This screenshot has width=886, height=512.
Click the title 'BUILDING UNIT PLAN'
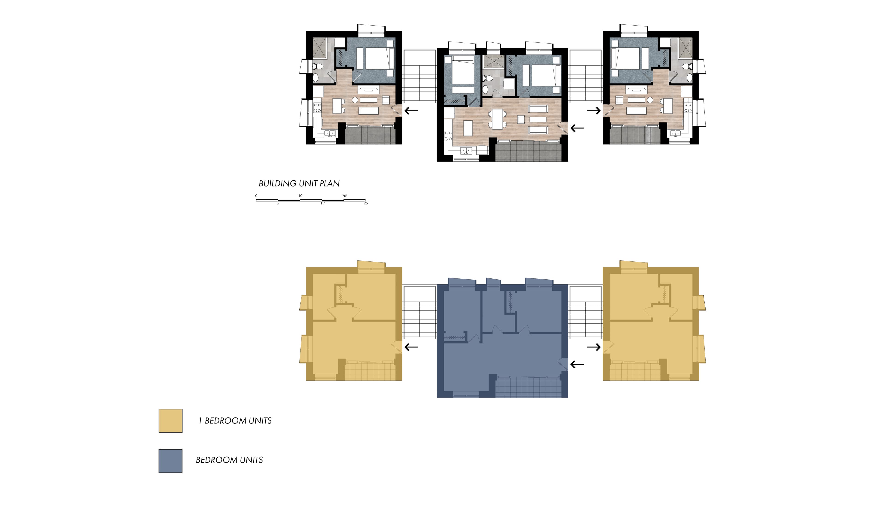[x=299, y=183]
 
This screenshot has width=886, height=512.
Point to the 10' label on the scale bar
[x=301, y=195]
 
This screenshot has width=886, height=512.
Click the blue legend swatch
[x=171, y=461]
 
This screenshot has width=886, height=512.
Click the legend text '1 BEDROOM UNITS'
[x=235, y=421]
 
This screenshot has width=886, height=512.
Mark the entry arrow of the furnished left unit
[x=411, y=111]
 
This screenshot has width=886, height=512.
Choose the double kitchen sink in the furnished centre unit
[x=466, y=151]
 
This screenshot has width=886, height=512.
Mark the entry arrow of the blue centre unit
[x=577, y=364]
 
